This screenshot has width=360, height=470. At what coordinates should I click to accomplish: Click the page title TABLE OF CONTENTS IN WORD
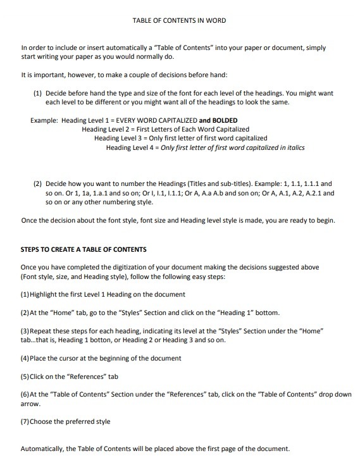pos(179,20)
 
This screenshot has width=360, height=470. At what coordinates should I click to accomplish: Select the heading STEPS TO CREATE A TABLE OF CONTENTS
pos(84,249)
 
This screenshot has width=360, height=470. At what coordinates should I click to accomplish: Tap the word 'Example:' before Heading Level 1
pos(44,120)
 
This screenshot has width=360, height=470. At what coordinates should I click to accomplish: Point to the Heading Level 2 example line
pos(166,129)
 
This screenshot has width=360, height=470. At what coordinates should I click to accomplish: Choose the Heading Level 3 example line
pos(180,138)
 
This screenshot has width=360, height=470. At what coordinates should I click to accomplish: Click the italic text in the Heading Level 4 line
pos(233,147)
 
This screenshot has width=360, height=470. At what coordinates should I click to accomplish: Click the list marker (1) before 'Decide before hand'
pos(37,92)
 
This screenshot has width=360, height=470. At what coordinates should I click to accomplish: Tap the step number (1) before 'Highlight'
pos(25,295)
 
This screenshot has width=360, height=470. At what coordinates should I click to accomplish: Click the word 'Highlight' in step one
pos(45,295)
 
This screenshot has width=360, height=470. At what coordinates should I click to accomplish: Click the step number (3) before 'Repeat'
pos(25,331)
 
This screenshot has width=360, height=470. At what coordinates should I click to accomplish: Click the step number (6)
pos(25,394)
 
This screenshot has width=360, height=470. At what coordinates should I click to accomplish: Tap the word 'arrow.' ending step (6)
pos(30,404)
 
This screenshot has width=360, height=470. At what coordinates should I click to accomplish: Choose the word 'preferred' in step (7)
pos(82,421)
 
